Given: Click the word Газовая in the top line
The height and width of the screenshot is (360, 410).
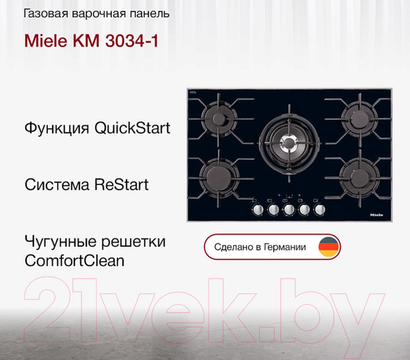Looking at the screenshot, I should click(x=46, y=13).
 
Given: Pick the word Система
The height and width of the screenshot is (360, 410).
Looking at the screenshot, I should click(x=55, y=185).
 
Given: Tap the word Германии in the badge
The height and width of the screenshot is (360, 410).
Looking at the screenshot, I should click(x=285, y=247).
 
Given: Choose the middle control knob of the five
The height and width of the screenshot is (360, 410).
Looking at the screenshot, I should click(x=289, y=210).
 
